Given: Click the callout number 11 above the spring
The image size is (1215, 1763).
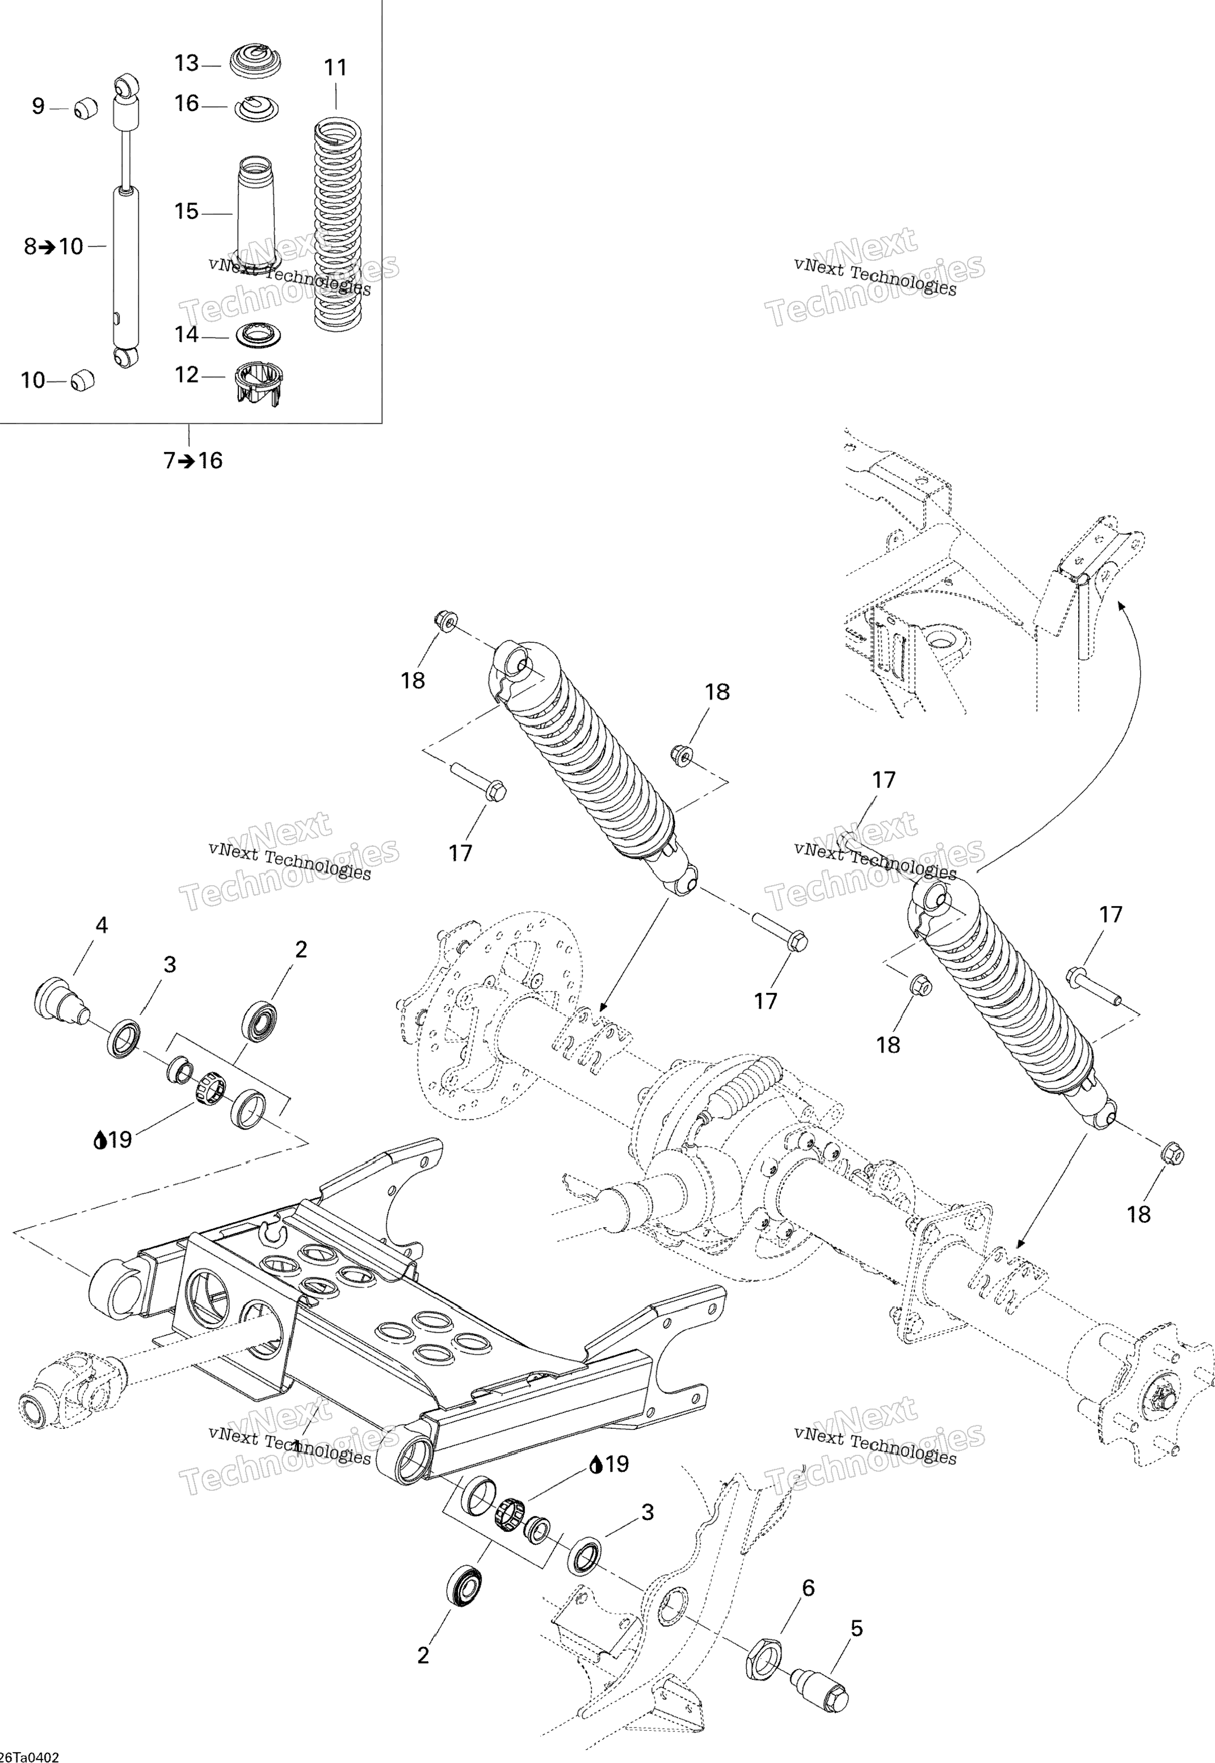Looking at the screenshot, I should coord(335,68).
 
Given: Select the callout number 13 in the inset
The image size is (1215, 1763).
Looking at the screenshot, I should coord(186,63).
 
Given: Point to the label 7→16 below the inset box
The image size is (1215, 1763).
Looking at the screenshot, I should coord(193,460).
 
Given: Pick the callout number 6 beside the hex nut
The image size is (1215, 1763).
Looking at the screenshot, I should coord(808,1587).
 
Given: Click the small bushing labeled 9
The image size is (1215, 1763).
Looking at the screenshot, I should coord(87,108).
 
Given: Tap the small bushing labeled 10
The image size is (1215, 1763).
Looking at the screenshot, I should coord(82,379).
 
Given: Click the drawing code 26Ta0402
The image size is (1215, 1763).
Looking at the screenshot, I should coord(29,1757).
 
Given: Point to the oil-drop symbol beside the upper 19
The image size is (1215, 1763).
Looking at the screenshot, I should coord(100,1140).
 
